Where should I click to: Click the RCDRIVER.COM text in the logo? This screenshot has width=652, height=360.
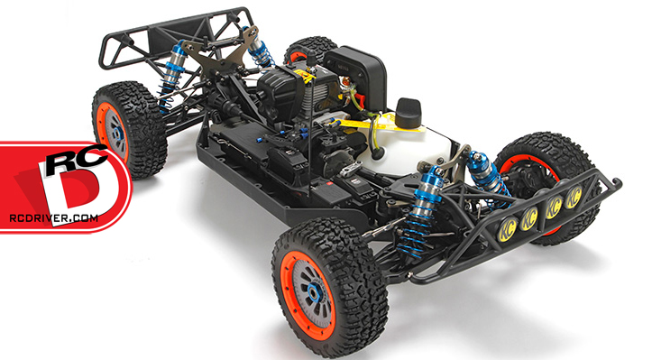[x=53, y=218]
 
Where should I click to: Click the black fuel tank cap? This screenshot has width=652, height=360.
[x=408, y=107]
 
